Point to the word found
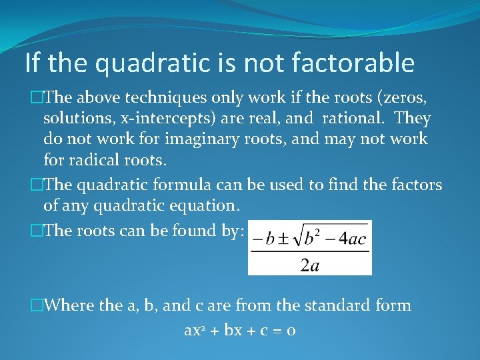pos(191,231)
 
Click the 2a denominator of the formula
pos(309,266)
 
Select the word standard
pos(339,306)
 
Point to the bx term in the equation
pos(233,330)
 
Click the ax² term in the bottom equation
pos(195,330)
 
